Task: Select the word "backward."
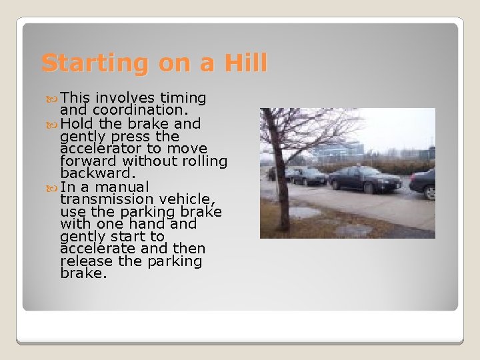coord(95,173)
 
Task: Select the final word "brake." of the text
coord(83,274)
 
